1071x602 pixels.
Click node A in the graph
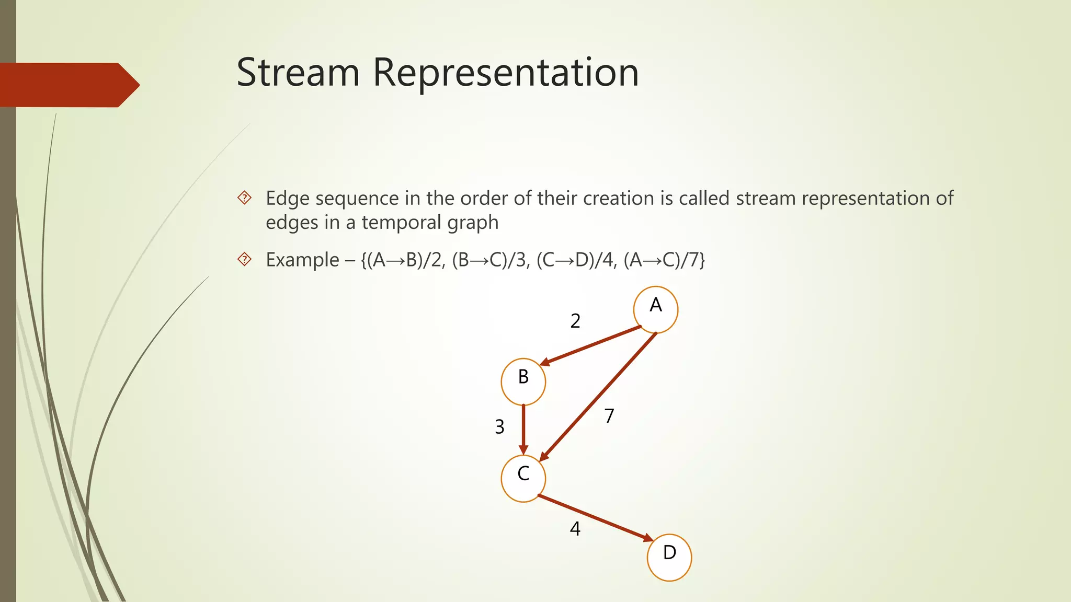tap(655, 309)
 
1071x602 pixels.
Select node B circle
tap(523, 381)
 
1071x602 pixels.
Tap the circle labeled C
tap(523, 478)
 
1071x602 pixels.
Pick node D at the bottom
tap(669, 557)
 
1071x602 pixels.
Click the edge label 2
tap(575, 321)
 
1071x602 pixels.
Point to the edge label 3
tap(499, 427)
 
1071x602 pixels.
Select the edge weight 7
tap(609, 416)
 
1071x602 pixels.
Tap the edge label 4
tap(575, 529)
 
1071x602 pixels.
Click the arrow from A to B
tap(591, 345)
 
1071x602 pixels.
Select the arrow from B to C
tap(523, 429)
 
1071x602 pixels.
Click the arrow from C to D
tap(596, 518)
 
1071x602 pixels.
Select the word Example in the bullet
tap(302, 260)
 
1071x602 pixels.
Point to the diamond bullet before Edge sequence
tap(244, 198)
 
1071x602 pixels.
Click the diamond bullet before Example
tap(244, 259)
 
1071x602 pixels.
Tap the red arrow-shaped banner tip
tap(128, 85)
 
